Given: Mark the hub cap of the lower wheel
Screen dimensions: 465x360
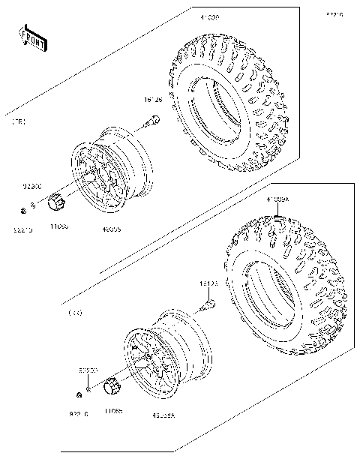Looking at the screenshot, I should tap(112, 387).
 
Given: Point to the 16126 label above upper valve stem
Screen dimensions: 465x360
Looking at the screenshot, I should tap(153, 99).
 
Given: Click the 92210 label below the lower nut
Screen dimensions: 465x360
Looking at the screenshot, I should tap(79, 413).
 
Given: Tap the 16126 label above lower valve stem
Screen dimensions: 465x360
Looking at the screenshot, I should tap(208, 284).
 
